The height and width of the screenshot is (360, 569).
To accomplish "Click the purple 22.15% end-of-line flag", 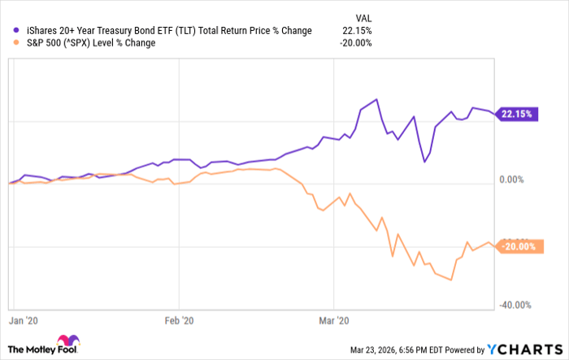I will [515, 115].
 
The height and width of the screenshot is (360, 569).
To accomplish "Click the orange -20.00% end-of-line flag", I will [516, 247].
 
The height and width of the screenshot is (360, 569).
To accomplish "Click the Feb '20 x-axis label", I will [180, 321].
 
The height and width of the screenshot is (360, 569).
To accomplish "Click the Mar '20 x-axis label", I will [333, 321].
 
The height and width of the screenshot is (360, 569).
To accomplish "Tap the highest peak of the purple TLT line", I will [376, 100].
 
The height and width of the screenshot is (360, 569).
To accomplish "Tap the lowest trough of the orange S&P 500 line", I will [450, 280].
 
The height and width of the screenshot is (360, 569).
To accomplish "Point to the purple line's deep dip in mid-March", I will [424, 162].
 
